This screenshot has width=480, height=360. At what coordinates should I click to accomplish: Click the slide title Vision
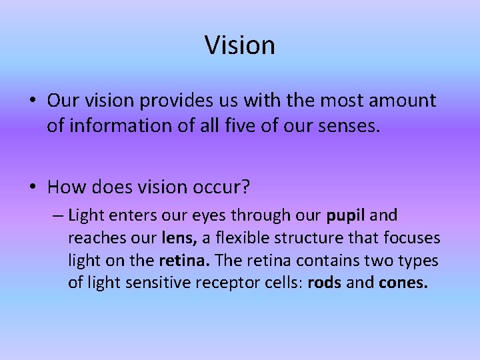click(239, 45)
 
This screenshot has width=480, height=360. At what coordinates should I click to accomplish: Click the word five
click(237, 126)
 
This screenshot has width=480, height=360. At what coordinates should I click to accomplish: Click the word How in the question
click(63, 187)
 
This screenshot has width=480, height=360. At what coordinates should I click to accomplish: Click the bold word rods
click(325, 283)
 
